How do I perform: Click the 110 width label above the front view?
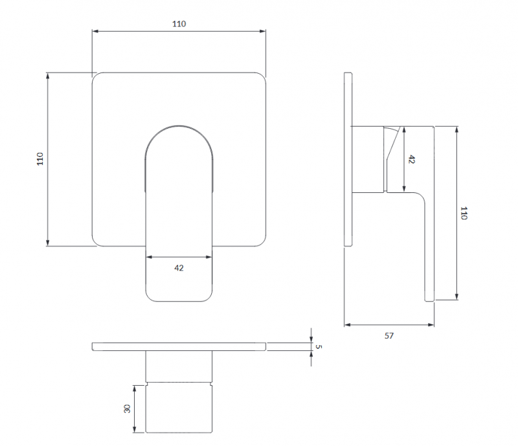click(x=179, y=24)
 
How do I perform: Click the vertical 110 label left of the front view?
click(x=40, y=159)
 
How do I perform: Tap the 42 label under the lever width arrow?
click(x=179, y=268)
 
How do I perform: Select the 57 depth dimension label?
click(x=389, y=336)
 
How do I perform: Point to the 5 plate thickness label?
click(x=318, y=346)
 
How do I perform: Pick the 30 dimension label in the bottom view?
click(x=127, y=408)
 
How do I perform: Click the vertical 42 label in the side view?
click(x=411, y=159)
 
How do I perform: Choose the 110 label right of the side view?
click(x=464, y=213)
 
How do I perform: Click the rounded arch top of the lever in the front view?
click(x=179, y=126)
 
